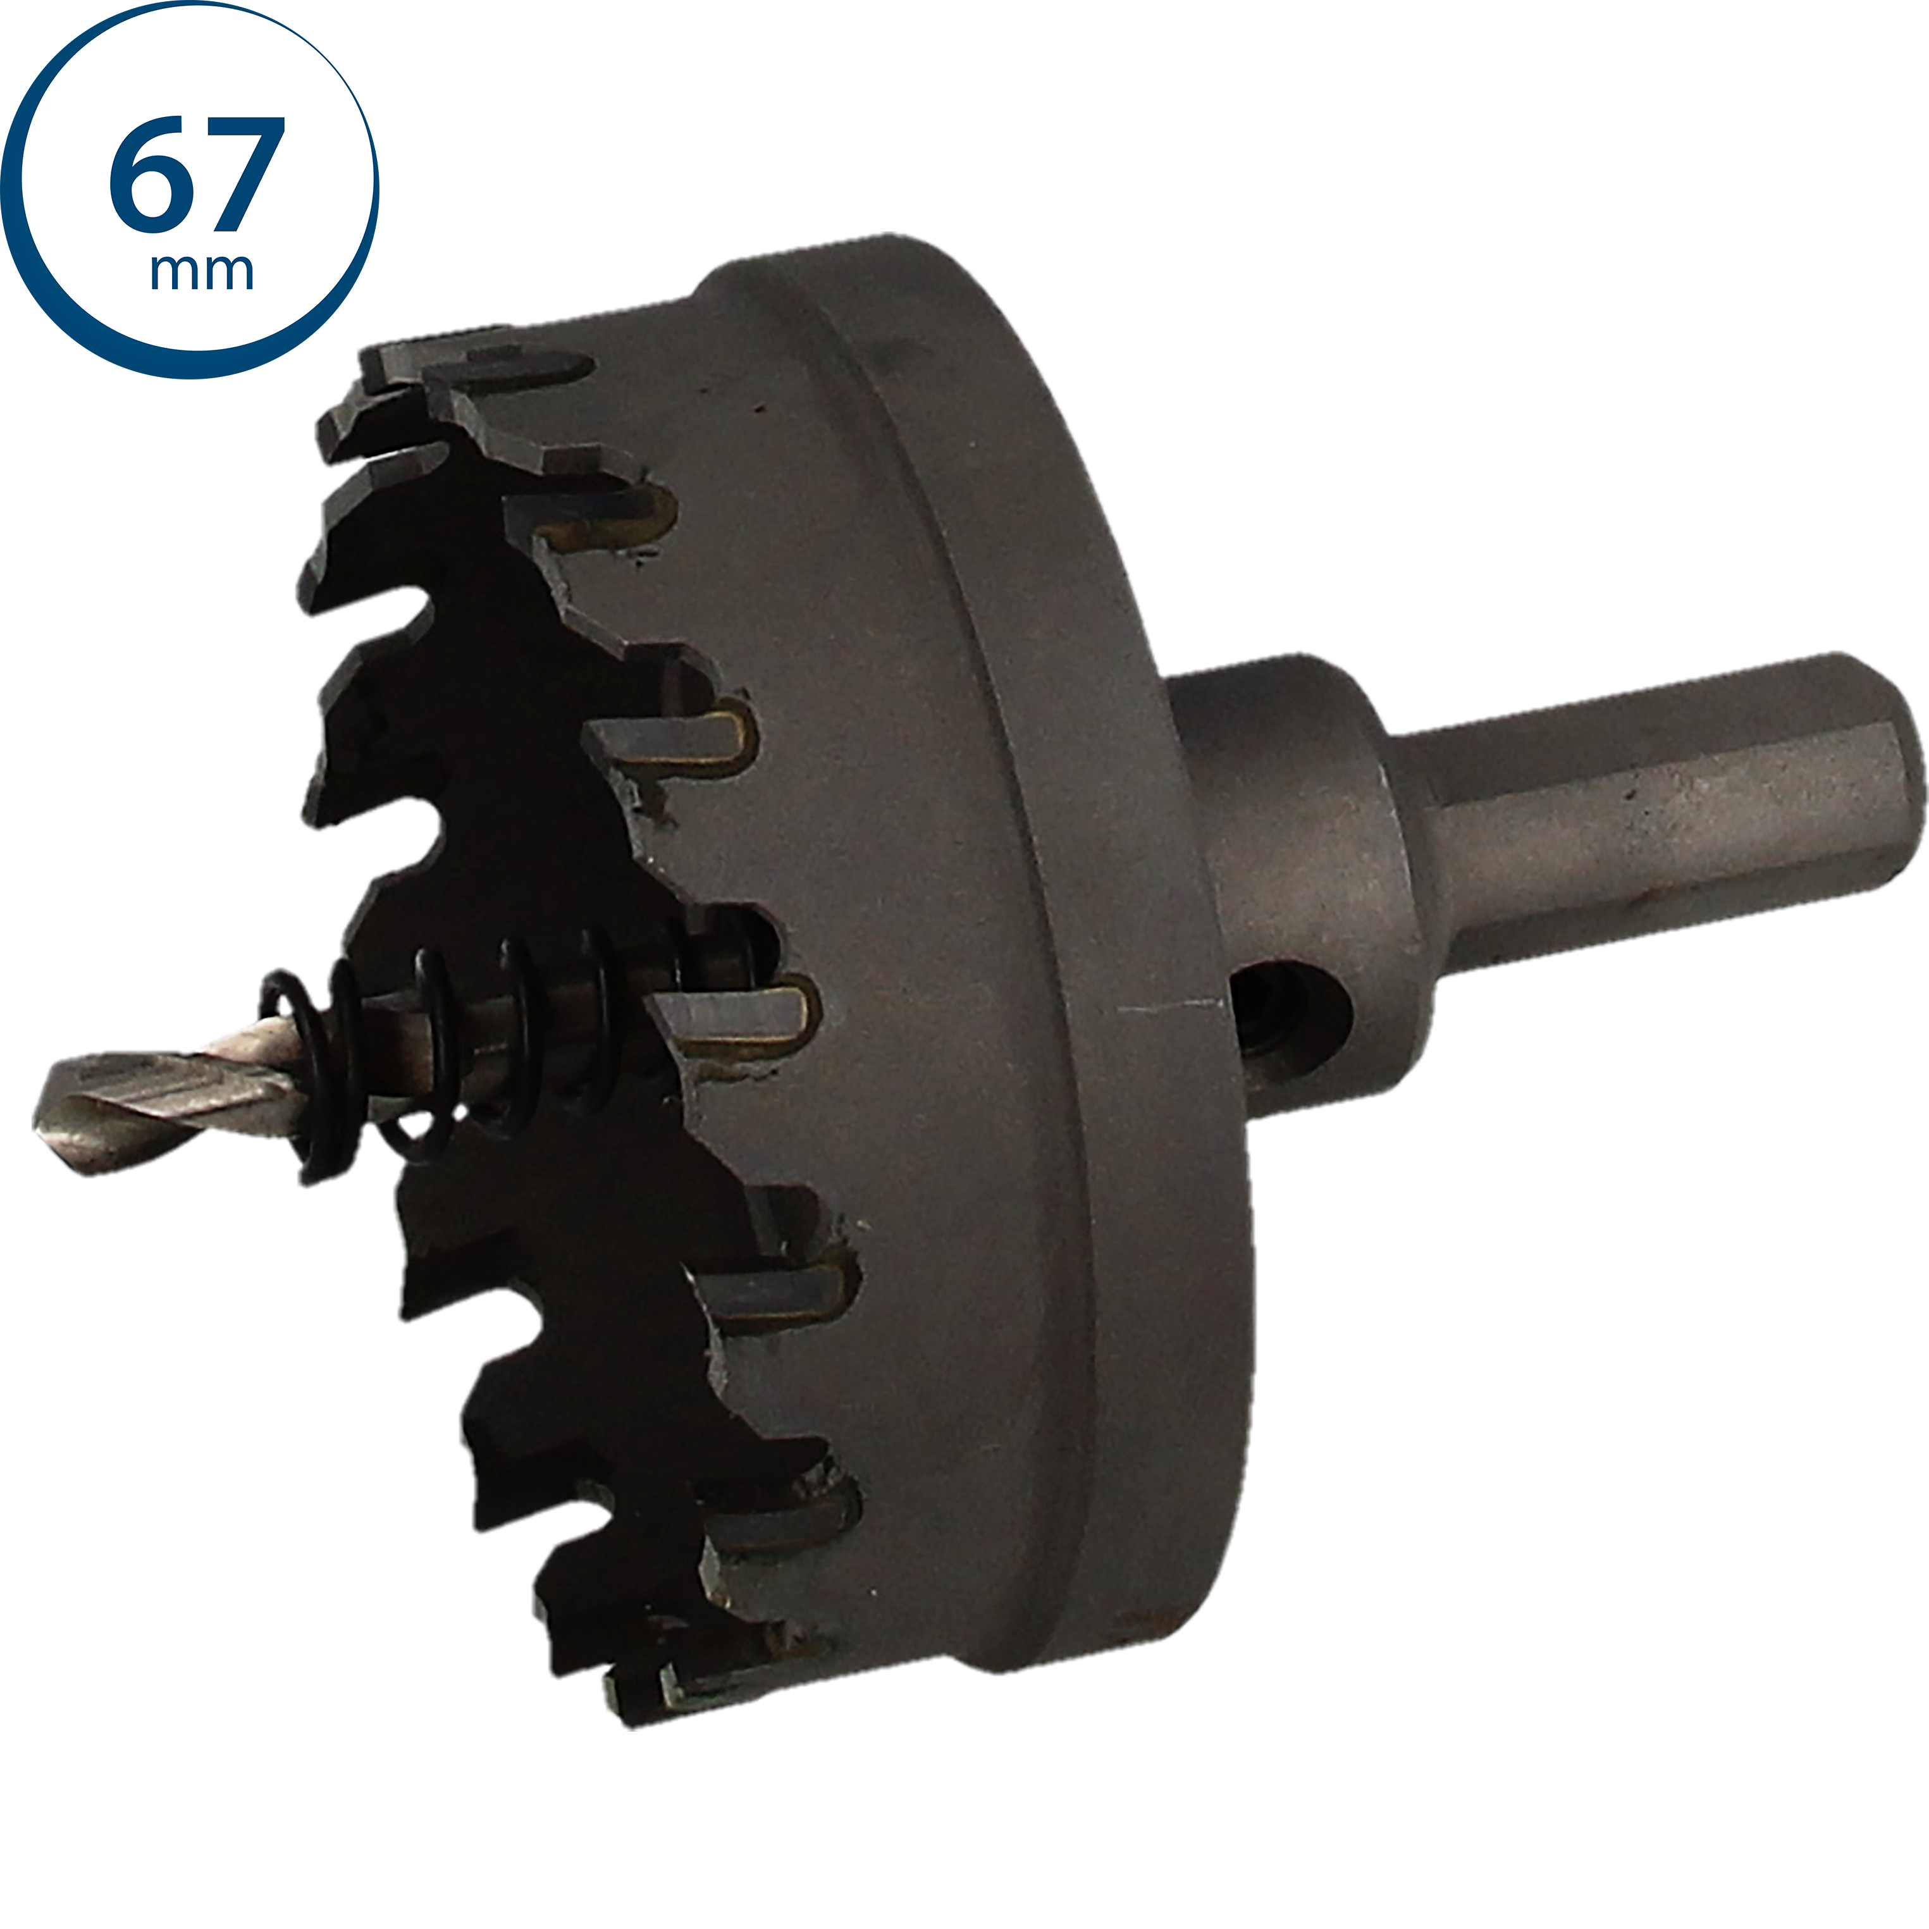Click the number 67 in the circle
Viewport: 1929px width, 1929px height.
tap(197, 176)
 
